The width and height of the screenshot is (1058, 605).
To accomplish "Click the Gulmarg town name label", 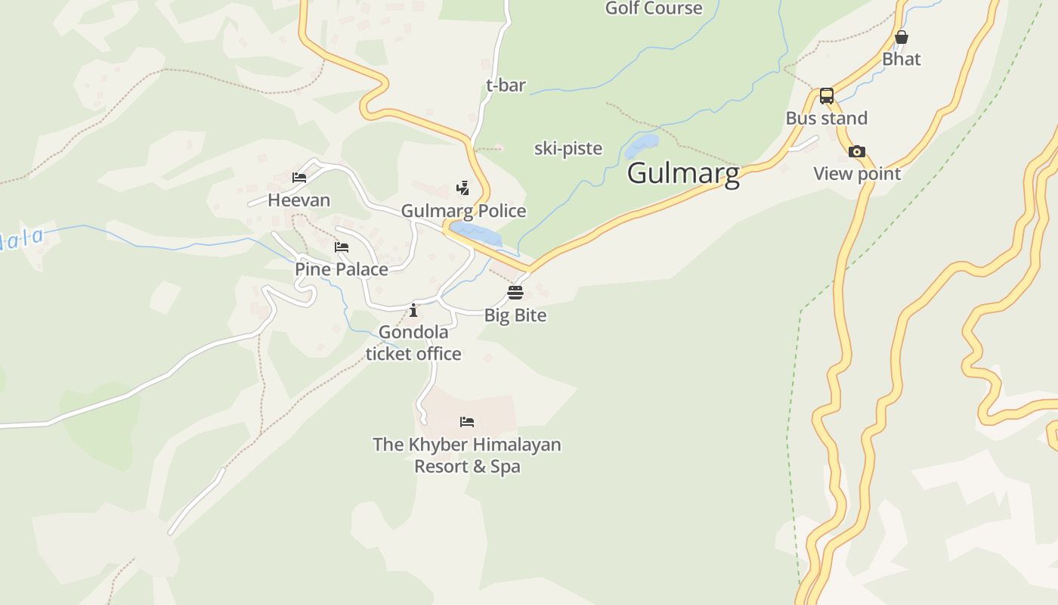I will click(x=683, y=173).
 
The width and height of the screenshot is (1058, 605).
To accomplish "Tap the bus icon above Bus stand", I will click(x=827, y=96).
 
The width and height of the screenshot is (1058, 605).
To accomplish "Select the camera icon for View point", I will click(x=856, y=152).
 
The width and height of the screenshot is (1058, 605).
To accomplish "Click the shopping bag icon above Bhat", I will click(x=901, y=37).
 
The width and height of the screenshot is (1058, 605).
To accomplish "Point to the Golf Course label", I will click(x=654, y=8).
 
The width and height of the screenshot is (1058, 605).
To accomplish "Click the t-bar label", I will click(x=506, y=85).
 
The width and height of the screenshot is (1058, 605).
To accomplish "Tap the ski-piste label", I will click(x=568, y=148).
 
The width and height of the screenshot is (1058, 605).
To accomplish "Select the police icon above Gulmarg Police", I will click(x=462, y=188).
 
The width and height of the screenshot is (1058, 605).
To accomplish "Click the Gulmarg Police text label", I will click(x=463, y=210).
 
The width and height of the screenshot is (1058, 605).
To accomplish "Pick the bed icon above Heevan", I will click(x=299, y=178).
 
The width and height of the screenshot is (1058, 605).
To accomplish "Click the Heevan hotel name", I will click(x=299, y=200).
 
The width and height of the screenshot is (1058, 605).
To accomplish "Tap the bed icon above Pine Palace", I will click(x=342, y=247).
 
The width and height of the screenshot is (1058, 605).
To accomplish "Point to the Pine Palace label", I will click(x=342, y=269).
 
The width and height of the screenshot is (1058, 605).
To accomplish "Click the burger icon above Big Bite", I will click(x=515, y=293).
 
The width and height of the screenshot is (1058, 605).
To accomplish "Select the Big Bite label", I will click(x=515, y=315).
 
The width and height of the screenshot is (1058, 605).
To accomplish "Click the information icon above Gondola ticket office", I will click(x=413, y=310).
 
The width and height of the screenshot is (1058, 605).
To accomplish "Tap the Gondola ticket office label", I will click(x=413, y=343).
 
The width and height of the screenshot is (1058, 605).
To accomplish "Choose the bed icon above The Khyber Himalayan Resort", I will click(x=467, y=422).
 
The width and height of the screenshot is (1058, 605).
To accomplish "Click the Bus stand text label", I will click(x=827, y=118).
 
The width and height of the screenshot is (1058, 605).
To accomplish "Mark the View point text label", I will click(x=857, y=174).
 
